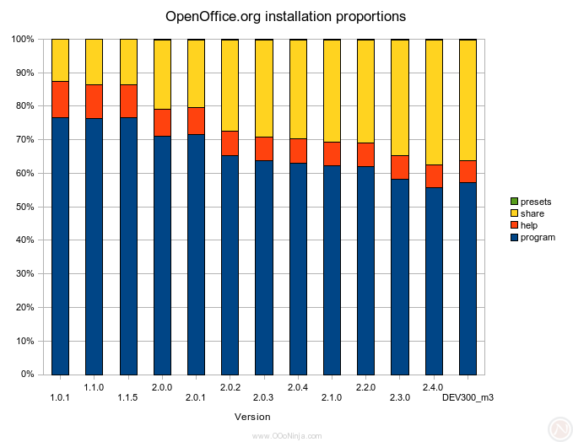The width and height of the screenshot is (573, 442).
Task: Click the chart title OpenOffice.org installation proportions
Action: pos(285,16)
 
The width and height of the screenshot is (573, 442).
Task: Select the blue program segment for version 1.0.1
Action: pos(60,245)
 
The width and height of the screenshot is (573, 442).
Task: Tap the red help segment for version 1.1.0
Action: pos(94,101)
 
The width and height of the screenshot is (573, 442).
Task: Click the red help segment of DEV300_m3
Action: pos(468,171)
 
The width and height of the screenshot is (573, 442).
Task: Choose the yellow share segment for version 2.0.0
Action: pos(162,74)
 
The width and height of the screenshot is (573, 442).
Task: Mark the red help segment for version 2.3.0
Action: pos(400,167)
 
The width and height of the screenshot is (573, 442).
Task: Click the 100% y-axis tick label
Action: pos(21,39)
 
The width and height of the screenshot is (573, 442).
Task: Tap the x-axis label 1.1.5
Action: pos(127,397)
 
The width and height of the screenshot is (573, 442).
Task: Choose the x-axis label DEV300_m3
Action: pos(468,397)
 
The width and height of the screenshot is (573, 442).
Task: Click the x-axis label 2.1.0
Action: pos(331,397)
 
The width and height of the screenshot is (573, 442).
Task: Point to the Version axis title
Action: pos(252,417)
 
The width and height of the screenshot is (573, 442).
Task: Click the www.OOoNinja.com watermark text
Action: pos(287,435)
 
